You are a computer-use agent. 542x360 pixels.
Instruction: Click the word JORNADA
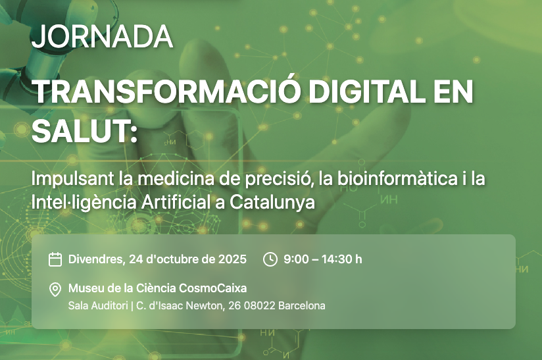point(103,36)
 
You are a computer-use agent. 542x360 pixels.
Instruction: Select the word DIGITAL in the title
point(366,92)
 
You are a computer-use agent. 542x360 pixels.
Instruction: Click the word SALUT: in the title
point(85,132)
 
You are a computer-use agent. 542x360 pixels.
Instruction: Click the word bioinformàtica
point(397,178)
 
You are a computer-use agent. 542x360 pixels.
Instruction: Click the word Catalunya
point(272,203)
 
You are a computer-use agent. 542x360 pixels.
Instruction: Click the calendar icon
point(55,259)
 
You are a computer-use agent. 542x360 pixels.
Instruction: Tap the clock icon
point(270,259)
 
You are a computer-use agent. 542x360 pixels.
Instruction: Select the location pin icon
point(55,290)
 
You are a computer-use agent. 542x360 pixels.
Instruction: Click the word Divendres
point(97,259)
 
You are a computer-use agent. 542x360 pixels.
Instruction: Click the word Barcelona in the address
point(302,306)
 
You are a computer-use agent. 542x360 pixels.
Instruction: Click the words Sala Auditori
point(98,306)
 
